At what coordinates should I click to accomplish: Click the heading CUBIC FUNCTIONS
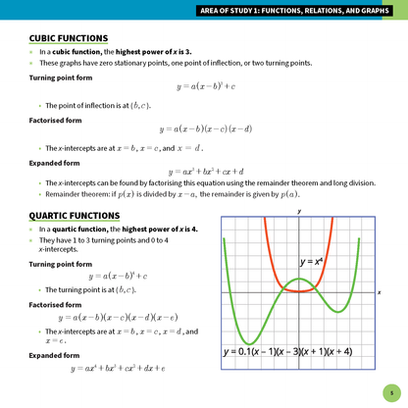(69, 38)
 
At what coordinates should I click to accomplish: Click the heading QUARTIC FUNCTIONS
(75, 215)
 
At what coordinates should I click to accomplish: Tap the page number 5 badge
(390, 390)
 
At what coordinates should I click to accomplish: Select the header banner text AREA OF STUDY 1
(295, 11)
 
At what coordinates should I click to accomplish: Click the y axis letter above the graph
(299, 211)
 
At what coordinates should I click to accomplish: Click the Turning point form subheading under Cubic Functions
(63, 76)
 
